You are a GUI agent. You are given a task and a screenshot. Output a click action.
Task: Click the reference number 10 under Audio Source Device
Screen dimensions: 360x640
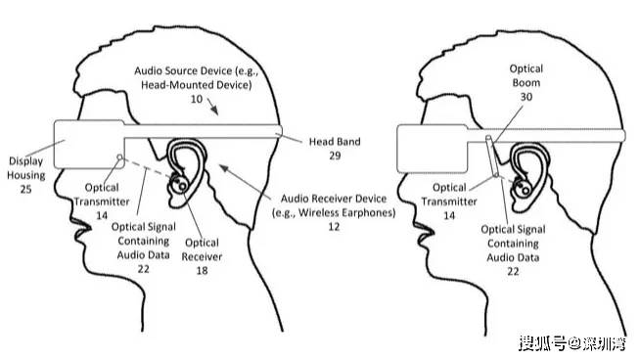(x=197, y=100)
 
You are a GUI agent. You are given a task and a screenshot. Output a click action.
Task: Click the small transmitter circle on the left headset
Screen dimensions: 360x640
(x=120, y=157)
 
